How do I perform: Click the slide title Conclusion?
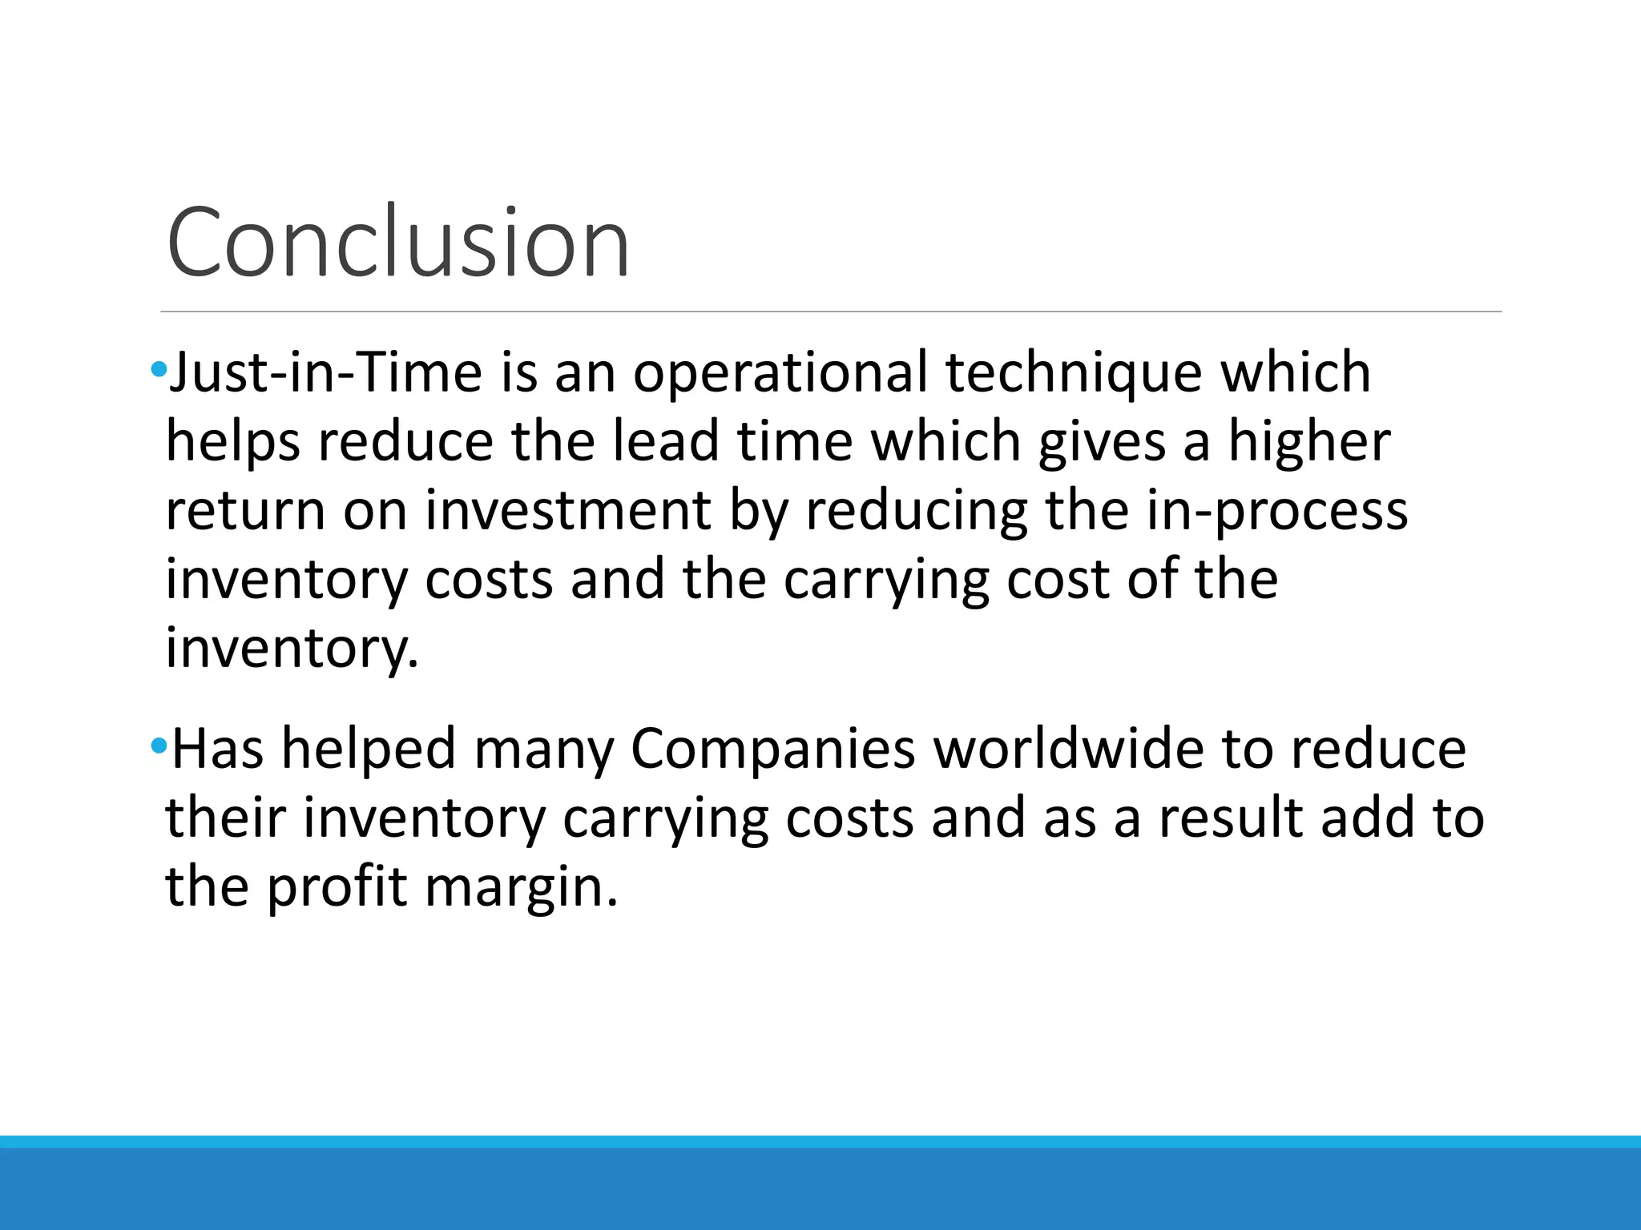click(x=398, y=243)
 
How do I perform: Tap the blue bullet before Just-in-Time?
click(x=158, y=370)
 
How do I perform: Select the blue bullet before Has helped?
click(x=158, y=746)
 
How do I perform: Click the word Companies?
click(x=772, y=750)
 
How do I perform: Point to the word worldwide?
click(x=1068, y=750)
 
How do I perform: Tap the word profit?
click(x=337, y=887)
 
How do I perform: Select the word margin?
click(x=521, y=887)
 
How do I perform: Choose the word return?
click(x=245, y=511)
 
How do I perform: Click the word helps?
click(x=232, y=442)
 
